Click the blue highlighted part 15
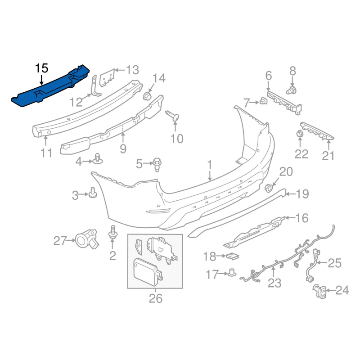tap(49, 87)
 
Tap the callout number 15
tap(41, 68)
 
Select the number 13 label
tap(132, 70)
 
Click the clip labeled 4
tap(98, 158)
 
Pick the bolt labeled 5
tap(157, 164)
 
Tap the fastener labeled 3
tap(93, 193)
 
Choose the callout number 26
tap(155, 298)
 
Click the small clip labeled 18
tap(232, 256)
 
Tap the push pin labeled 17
tap(232, 272)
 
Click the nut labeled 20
tap(269, 187)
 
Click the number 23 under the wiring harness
tap(274, 283)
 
